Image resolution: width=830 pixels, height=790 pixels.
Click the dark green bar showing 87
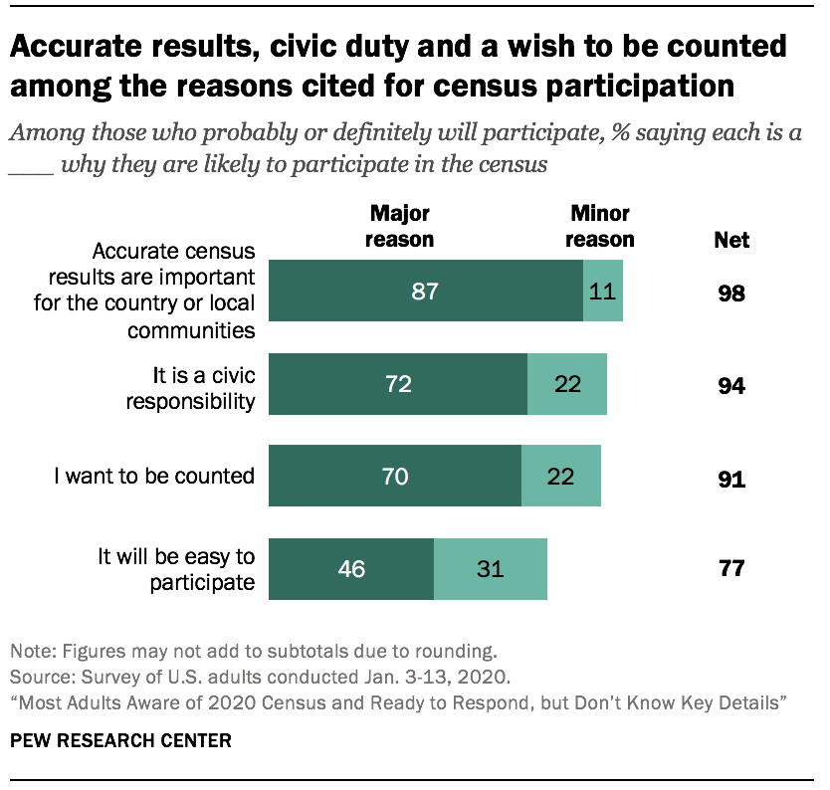click(426, 291)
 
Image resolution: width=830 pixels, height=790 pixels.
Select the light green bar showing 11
click(602, 291)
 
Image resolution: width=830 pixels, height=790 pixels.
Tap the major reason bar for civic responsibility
click(398, 384)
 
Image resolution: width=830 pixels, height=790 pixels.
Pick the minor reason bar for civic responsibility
click(566, 384)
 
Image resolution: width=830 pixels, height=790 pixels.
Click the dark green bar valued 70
click(395, 477)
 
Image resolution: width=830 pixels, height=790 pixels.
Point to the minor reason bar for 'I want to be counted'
click(560, 477)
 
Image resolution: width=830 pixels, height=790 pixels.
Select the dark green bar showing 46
click(351, 569)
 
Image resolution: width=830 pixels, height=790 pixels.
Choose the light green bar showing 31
click(490, 569)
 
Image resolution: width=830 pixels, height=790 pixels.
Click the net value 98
click(731, 295)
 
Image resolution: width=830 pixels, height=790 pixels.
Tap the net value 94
click(731, 386)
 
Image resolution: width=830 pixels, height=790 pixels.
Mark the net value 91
click(731, 478)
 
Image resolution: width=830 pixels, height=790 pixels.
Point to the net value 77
click(731, 570)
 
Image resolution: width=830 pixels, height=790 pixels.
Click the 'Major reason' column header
click(400, 226)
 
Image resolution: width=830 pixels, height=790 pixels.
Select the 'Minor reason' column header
click(601, 226)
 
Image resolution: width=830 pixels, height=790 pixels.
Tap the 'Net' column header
click(731, 240)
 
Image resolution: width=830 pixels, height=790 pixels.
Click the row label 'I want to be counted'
click(154, 476)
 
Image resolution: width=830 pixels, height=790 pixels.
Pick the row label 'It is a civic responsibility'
click(204, 388)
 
